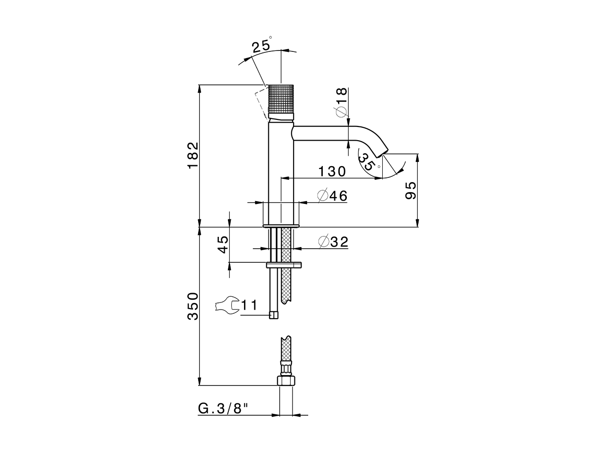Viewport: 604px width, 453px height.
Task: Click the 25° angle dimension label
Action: (261, 45)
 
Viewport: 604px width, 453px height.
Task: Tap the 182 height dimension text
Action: (194, 155)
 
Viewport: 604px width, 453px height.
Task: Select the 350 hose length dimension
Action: (194, 306)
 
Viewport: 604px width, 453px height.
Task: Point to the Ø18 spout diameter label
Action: (342, 103)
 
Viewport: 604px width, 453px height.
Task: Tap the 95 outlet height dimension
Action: (410, 191)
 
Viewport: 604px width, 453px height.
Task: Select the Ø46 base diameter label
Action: (332, 196)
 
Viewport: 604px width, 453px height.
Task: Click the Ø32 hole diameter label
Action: (333, 242)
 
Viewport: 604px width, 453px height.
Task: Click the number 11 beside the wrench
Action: (249, 306)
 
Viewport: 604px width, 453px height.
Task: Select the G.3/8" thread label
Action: (223, 409)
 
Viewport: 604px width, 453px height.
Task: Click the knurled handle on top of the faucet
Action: (281, 101)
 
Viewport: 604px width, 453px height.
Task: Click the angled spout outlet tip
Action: (381, 152)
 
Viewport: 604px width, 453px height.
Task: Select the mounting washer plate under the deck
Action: (284, 265)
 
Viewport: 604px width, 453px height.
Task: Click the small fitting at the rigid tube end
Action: (274, 315)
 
